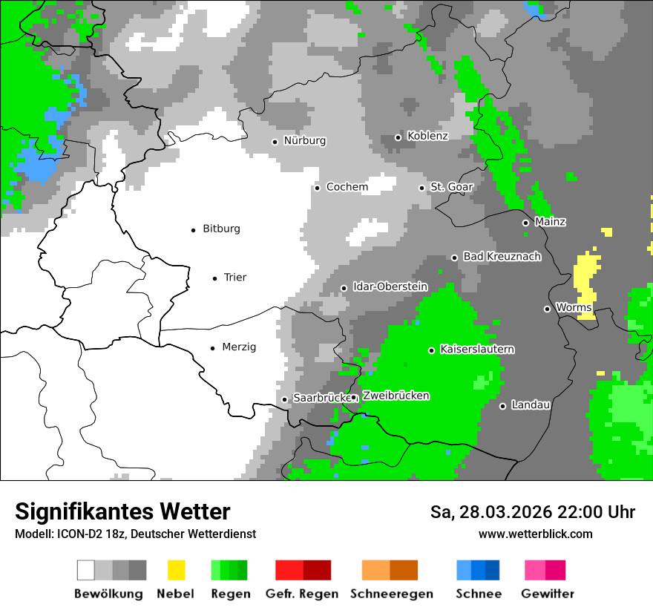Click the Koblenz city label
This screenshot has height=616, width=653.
point(427,137)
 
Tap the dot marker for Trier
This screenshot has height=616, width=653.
point(215,278)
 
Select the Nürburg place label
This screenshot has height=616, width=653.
point(304,141)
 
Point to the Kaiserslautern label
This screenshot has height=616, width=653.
point(477,350)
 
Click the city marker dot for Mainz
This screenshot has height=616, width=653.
point(525,223)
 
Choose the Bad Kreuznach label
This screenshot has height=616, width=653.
point(502,257)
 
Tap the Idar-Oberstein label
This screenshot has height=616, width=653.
point(390,287)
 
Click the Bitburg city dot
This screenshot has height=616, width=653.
point(194,230)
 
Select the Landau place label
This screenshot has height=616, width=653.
point(531,405)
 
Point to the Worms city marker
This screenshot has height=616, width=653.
point(547,309)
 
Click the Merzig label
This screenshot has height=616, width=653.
point(239,347)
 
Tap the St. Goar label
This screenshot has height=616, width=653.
point(452,188)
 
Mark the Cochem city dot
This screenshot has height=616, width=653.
point(317,188)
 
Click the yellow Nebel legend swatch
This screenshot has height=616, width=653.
point(177,570)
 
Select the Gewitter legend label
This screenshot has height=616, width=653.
point(547,594)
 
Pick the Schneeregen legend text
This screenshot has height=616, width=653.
point(392,594)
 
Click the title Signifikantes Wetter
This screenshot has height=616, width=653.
point(122,512)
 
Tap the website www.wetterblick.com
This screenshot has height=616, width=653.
point(535,534)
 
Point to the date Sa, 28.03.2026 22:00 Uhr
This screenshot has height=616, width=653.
point(532,513)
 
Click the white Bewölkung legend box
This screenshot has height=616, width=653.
point(86,570)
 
